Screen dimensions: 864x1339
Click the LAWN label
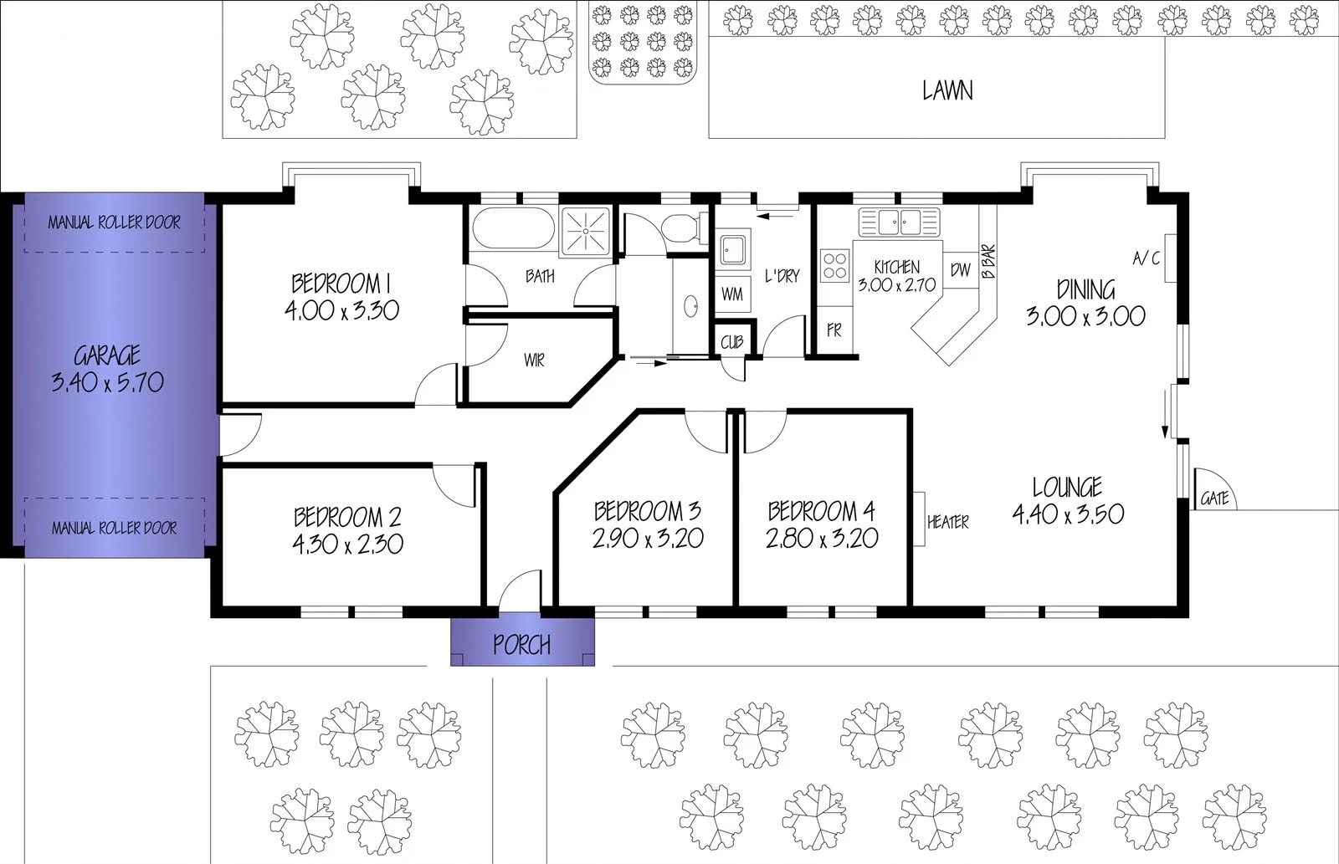[947, 90]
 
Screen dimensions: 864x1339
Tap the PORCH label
[521, 645]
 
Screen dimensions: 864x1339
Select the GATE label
[1214, 498]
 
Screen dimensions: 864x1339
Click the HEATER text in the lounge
[947, 522]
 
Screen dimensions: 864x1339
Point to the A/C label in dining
[1146, 258]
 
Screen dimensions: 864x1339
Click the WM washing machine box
[732, 294]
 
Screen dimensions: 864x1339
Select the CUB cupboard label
[732, 343]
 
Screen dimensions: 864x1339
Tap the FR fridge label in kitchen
[834, 331]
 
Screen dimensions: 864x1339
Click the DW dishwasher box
[961, 270]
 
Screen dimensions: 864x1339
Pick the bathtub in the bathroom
[512, 228]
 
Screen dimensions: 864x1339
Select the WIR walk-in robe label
[534, 360]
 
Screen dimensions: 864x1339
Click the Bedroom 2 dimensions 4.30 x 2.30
[347, 544]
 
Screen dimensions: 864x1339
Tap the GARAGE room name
[107, 356]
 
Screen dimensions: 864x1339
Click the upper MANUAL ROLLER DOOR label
[114, 222]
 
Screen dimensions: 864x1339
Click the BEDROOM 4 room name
[821, 510]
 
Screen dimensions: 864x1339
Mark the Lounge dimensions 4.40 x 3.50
[1068, 514]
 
